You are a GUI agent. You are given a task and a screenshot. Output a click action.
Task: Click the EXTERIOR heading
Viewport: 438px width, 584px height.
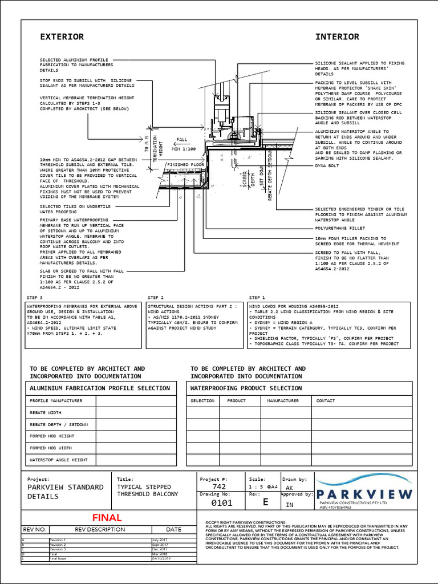(62, 37)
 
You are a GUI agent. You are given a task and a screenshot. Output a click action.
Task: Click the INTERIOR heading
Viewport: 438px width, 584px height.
(338, 37)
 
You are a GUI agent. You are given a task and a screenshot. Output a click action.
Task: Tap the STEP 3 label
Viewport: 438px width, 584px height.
(35, 298)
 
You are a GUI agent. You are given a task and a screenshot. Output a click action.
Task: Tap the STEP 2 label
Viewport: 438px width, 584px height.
(156, 298)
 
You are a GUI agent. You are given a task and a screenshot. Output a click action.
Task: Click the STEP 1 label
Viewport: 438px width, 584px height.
(257, 298)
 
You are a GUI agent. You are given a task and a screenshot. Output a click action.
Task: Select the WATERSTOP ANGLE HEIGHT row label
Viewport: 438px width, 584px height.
(58, 459)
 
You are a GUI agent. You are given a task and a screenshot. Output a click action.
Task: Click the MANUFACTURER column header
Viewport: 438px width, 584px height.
(283, 400)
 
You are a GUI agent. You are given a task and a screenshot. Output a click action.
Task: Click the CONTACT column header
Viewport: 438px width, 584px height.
(325, 400)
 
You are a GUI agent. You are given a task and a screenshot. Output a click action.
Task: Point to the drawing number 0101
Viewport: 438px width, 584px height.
(221, 503)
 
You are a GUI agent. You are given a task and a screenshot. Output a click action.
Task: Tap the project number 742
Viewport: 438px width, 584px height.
(220, 488)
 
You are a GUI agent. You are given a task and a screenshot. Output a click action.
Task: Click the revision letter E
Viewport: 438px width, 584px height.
(265, 502)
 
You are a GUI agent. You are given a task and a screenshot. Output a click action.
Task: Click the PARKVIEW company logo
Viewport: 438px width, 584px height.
(364, 491)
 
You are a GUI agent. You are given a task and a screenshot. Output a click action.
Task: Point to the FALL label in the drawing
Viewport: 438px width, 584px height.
(181, 139)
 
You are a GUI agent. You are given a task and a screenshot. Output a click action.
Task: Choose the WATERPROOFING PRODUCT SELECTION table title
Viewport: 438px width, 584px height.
(246, 388)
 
